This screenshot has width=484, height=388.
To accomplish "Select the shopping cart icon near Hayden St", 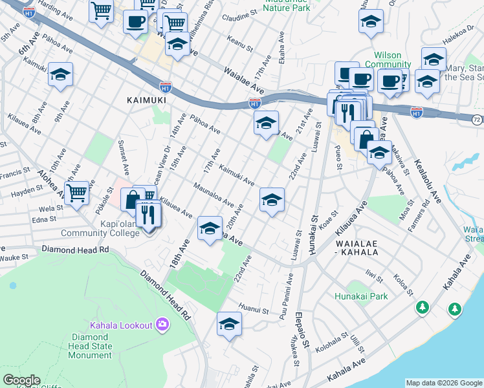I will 77,192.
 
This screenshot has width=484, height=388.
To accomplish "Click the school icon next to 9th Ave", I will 60,75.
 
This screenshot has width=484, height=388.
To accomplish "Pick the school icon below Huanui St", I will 229,325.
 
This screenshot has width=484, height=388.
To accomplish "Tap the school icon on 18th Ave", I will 210,229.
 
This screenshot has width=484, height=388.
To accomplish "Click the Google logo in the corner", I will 21,380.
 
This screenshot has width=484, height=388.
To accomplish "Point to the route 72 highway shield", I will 477,120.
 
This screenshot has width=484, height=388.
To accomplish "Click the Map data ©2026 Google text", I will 444,383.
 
